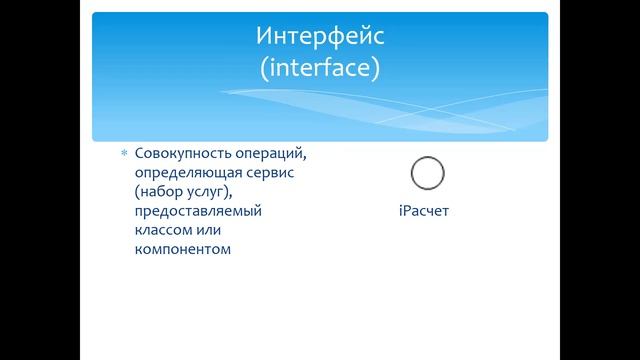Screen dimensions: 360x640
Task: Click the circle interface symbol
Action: pyautogui.click(x=427, y=174)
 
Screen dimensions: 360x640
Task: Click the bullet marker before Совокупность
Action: pyautogui.click(x=125, y=154)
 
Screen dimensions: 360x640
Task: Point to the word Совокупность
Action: pyautogui.click(x=178, y=154)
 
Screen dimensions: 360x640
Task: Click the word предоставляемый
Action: pyautogui.click(x=196, y=211)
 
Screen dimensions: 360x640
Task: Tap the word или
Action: pyautogui.click(x=212, y=230)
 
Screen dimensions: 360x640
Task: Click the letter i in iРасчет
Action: pyautogui.click(x=400, y=212)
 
